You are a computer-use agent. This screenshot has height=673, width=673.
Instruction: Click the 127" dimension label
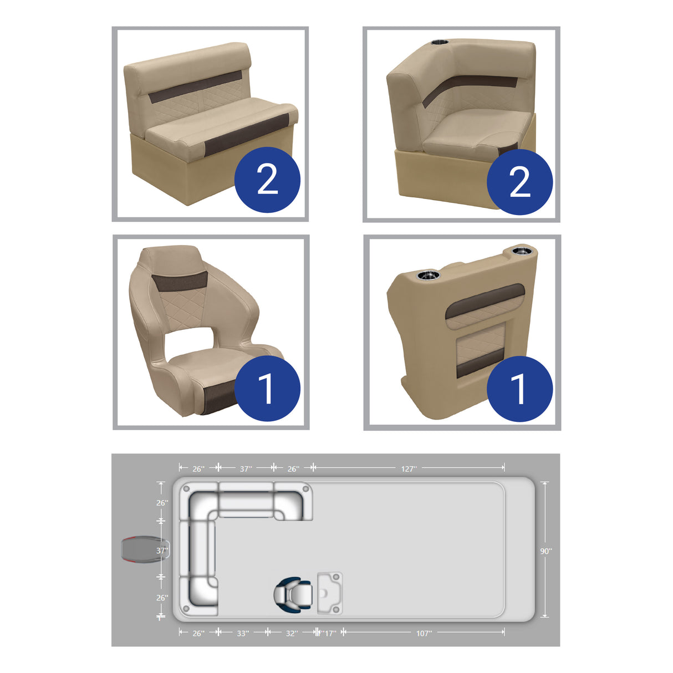[x=409, y=469]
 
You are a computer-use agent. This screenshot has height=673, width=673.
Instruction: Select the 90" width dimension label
[x=546, y=551]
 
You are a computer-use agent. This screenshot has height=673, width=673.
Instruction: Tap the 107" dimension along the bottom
[x=424, y=633]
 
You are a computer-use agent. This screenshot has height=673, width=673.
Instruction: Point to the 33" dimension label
[x=243, y=633]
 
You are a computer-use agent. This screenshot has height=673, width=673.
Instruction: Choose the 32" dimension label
[x=292, y=633]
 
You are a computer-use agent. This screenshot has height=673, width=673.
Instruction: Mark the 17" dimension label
[x=329, y=633]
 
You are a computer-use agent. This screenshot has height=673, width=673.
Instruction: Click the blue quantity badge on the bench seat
[x=267, y=180]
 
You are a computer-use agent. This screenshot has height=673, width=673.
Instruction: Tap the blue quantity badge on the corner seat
[x=519, y=182]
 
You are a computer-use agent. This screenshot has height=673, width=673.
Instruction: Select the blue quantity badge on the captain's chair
[x=267, y=389]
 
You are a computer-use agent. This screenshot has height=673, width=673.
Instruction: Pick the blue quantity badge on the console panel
[x=519, y=389]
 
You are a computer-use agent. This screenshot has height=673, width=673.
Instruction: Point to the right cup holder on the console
[x=521, y=251]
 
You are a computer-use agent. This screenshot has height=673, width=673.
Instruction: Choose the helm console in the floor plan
[x=330, y=593]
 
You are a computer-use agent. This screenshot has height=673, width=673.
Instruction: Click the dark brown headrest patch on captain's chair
[x=180, y=282]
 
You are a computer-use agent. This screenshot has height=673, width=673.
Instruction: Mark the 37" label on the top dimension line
[x=246, y=469]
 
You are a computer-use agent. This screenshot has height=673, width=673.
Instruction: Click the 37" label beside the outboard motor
[x=162, y=551]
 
